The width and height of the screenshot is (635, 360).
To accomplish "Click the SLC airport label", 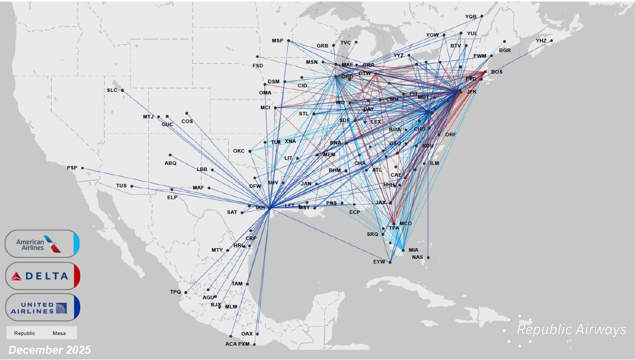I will point(111,90).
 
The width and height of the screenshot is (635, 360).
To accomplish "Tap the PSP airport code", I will point(72,168).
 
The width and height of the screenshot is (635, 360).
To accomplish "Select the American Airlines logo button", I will point(42,244).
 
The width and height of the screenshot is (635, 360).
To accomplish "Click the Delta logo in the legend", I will point(42,276).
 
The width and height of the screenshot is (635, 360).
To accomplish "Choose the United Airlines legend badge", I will point(42,307).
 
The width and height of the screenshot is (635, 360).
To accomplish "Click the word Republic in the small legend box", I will point(25,333).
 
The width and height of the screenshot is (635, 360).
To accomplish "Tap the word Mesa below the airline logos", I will point(59,333).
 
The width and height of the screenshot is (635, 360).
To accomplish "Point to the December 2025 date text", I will point(50,350).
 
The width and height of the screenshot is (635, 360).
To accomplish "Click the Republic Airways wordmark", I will point(571,329).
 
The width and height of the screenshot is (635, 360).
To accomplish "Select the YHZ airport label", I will point(541,41).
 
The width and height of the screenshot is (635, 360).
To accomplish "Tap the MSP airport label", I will point(277,41).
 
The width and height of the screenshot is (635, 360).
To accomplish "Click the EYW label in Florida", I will point(379,262).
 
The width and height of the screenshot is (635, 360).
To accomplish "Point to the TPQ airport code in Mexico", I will point(175,292).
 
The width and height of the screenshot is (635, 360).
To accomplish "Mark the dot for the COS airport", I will point(187,113).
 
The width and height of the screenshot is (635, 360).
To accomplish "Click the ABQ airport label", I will point(170,163).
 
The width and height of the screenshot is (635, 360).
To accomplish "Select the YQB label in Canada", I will point(471,17).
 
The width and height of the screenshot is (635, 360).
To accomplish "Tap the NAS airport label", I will point(417,257).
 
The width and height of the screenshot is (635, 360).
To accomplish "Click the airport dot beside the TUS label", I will point(132,186).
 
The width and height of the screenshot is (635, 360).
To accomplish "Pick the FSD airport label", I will point(258,65).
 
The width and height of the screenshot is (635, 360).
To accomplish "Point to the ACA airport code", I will point(231,344).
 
